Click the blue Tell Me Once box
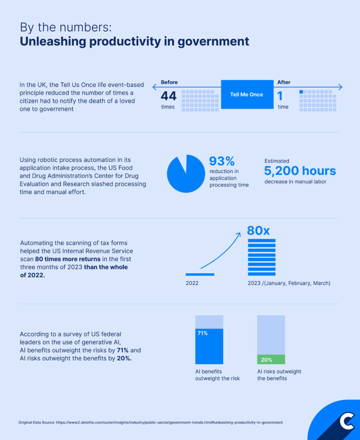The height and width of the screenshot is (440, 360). tap(247, 95)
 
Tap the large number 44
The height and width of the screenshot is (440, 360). tap(168, 96)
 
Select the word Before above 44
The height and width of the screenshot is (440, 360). tap(169, 82)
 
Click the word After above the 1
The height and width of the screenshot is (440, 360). tap(284, 82)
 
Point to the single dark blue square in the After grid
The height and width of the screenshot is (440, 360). tap(301, 92)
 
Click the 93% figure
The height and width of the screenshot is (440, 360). tap(222, 161)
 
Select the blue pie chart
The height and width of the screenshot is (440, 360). tap(186, 174)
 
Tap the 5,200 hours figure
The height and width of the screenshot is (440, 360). tap(300, 171)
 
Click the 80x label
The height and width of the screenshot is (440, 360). tap(258, 230)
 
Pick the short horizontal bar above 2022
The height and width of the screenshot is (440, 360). tap(200, 274)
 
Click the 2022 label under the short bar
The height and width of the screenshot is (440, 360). tap(192, 283)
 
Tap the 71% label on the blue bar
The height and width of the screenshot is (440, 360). tap(202, 333)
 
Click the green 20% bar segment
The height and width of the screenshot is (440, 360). tap(271, 359)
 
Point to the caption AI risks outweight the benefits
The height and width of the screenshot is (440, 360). tap(279, 375)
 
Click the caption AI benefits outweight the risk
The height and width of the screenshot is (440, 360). tap(217, 375)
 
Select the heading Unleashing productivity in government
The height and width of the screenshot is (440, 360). tap(134, 41)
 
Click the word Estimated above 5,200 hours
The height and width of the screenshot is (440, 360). tap(277, 161)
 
